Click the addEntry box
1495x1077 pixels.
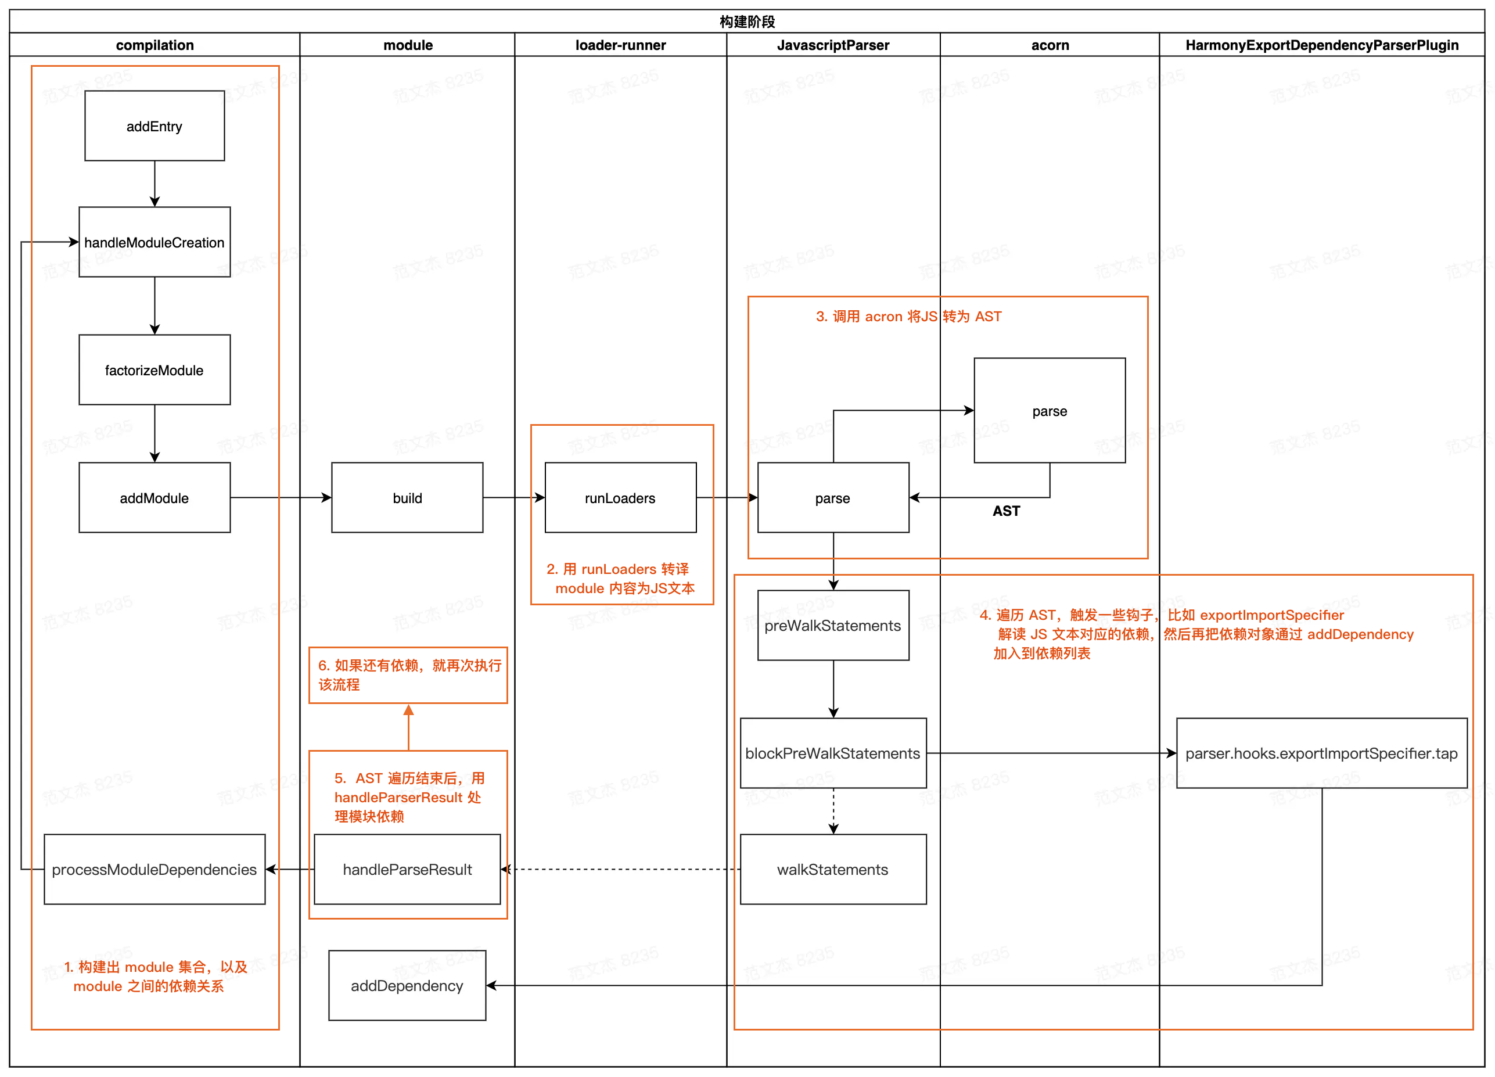(x=154, y=126)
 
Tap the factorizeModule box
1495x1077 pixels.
(x=154, y=370)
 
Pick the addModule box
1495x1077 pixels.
(x=154, y=498)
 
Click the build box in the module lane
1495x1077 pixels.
(x=407, y=498)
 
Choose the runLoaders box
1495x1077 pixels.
(x=620, y=498)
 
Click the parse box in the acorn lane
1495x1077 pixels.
(x=1049, y=411)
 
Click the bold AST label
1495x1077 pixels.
(x=1006, y=511)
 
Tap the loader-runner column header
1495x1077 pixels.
(x=620, y=45)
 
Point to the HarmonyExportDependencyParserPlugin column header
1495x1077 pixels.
(x=1322, y=45)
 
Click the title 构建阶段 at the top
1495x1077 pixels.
(x=747, y=21)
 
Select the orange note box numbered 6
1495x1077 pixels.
(x=408, y=675)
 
